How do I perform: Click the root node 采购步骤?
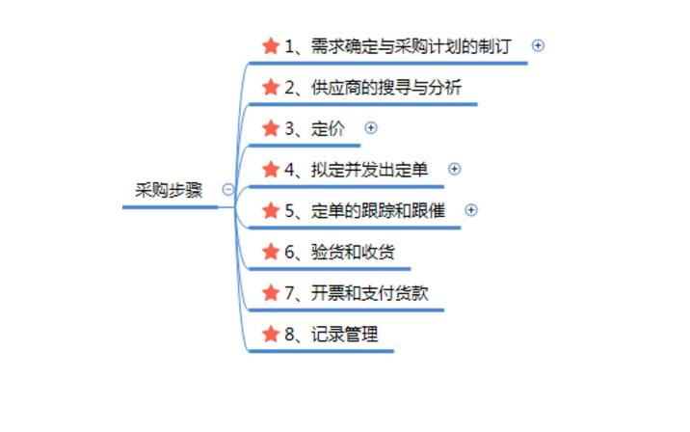[x=169, y=190]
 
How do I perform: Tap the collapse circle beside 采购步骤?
[x=227, y=190]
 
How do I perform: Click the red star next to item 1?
[x=270, y=46]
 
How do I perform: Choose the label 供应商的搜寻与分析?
[x=386, y=88]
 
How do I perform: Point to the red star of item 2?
[x=270, y=88]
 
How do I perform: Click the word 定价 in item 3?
[x=329, y=128]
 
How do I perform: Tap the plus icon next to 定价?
[x=371, y=127]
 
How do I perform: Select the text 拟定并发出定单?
[x=369, y=170]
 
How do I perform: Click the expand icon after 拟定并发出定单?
[x=455, y=169]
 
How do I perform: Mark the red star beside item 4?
[x=270, y=170]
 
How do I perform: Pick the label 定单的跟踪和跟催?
[x=379, y=211]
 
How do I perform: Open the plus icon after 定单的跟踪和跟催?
[x=471, y=209]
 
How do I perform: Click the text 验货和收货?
[x=353, y=253]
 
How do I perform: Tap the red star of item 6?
[x=270, y=253]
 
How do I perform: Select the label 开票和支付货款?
[x=369, y=293]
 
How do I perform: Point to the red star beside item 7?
[x=270, y=293]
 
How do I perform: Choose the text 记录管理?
[x=344, y=335]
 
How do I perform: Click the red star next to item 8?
[x=270, y=335]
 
